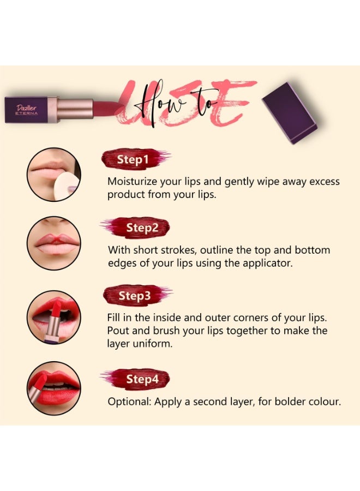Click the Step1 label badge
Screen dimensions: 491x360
(133, 159)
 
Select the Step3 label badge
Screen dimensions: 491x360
(135, 296)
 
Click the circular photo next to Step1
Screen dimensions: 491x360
(53, 175)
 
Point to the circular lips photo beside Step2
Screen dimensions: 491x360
(53, 243)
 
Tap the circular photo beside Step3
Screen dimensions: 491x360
(53, 317)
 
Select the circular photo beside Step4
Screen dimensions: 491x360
(53, 388)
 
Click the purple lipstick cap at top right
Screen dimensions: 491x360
(289, 113)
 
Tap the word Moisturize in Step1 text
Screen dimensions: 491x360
(133, 182)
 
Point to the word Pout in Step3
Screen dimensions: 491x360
(118, 331)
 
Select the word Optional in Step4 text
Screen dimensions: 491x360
(129, 402)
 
